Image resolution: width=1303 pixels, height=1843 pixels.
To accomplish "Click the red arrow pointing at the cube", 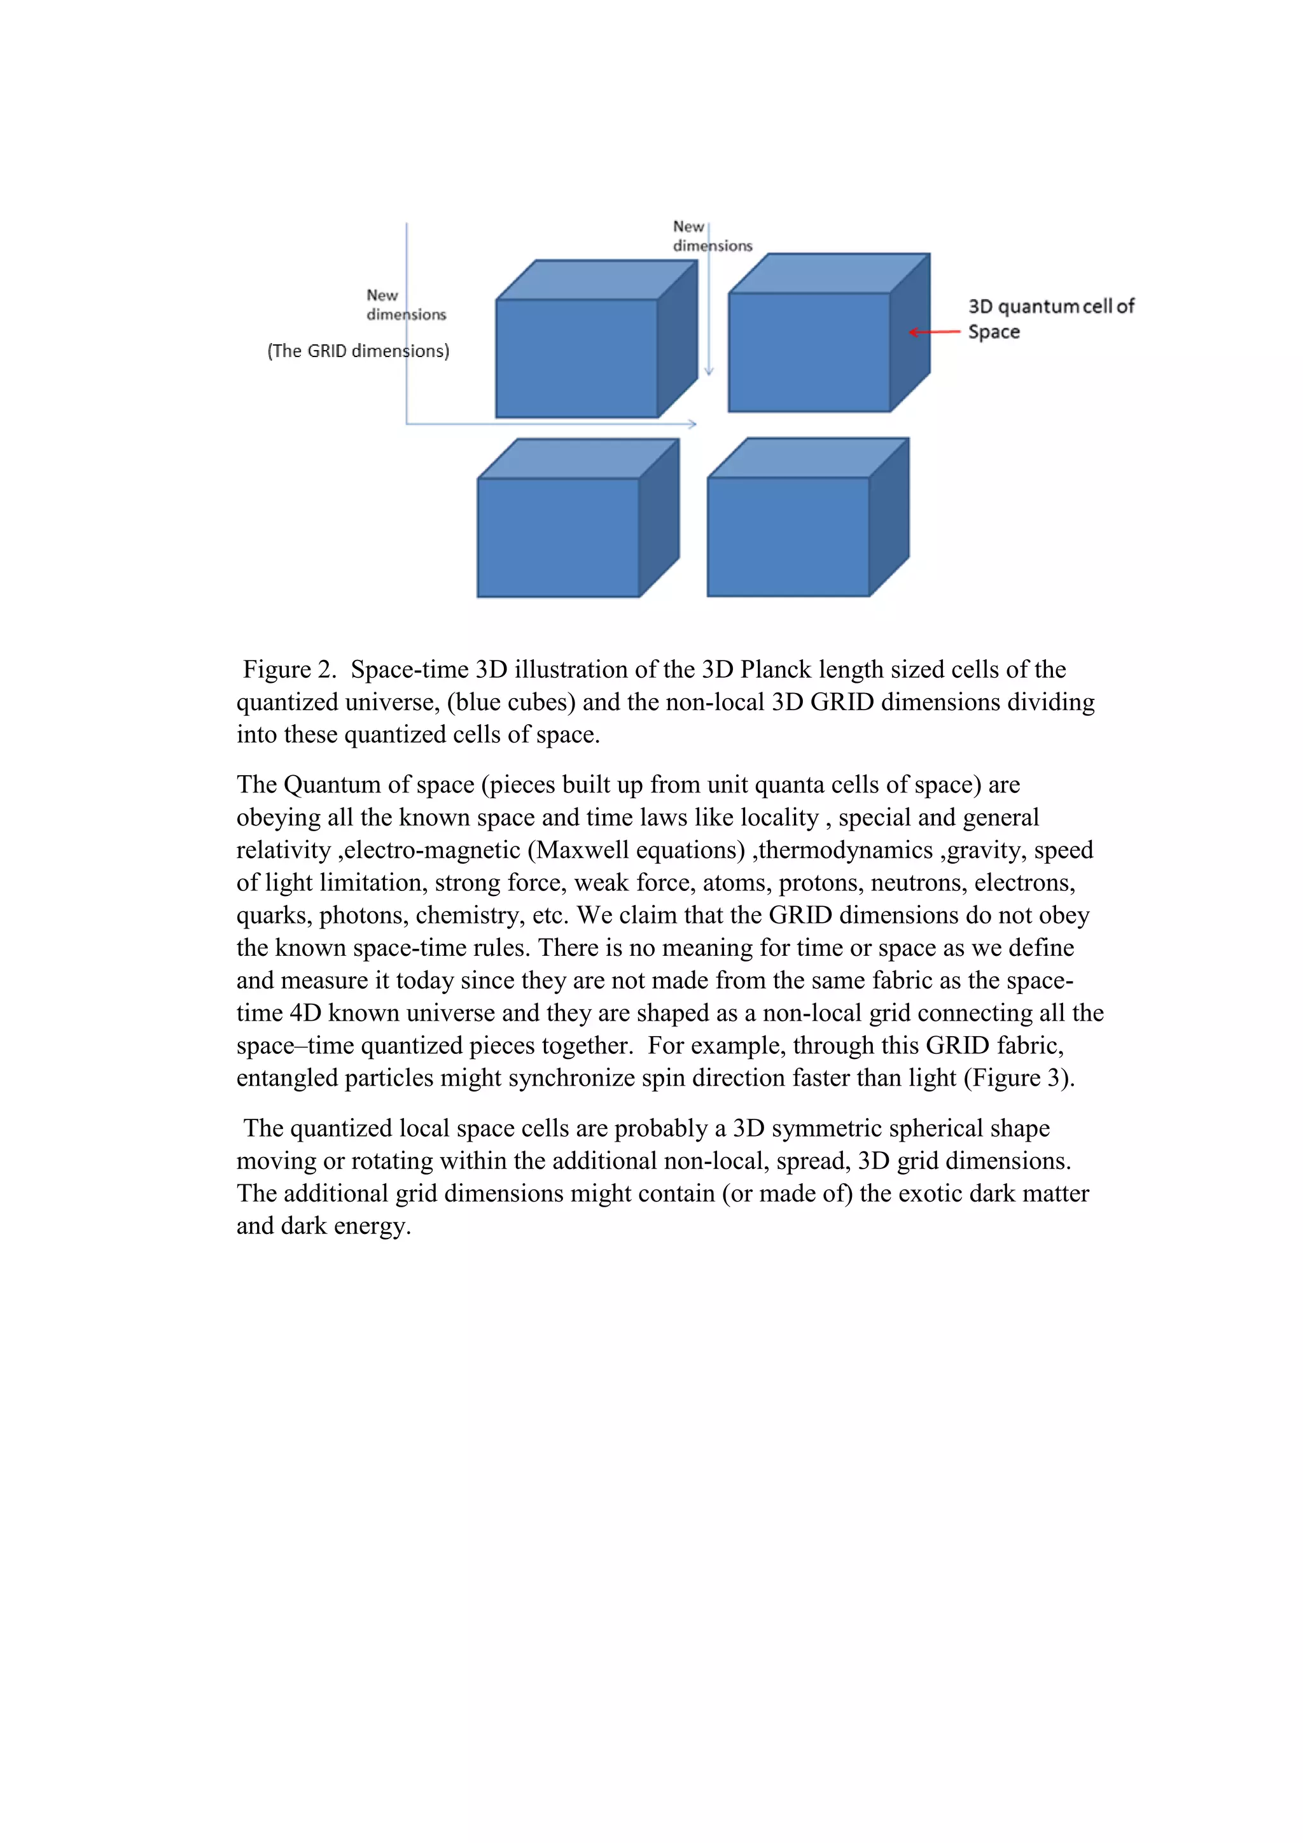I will (934, 332).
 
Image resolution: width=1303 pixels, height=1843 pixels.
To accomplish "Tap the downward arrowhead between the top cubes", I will (709, 371).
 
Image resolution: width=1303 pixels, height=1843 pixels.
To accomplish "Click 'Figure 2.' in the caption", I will (289, 669).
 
